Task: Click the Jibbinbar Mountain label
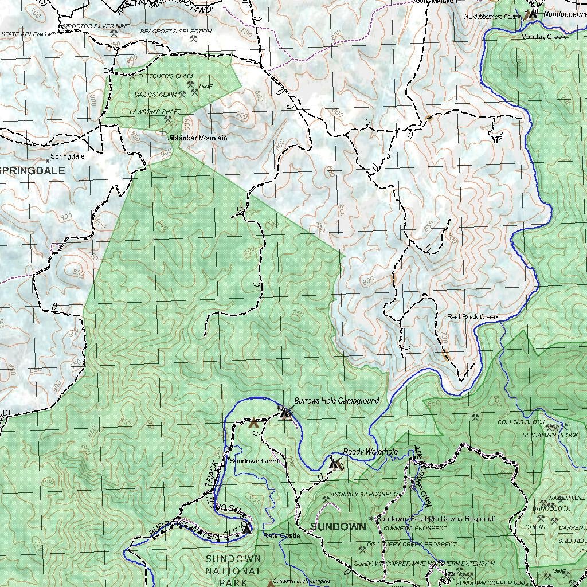click(x=197, y=138)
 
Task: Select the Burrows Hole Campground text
click(x=336, y=401)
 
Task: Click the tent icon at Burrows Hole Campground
click(x=285, y=413)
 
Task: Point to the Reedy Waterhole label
click(x=370, y=452)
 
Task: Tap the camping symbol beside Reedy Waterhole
click(x=335, y=464)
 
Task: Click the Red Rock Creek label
click(x=473, y=317)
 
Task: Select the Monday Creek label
click(x=543, y=37)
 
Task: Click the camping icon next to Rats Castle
click(x=247, y=528)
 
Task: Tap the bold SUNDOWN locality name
click(x=338, y=526)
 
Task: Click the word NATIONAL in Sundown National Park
click(x=233, y=571)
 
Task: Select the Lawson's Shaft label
click(x=155, y=111)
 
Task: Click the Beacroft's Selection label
click(x=175, y=31)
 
